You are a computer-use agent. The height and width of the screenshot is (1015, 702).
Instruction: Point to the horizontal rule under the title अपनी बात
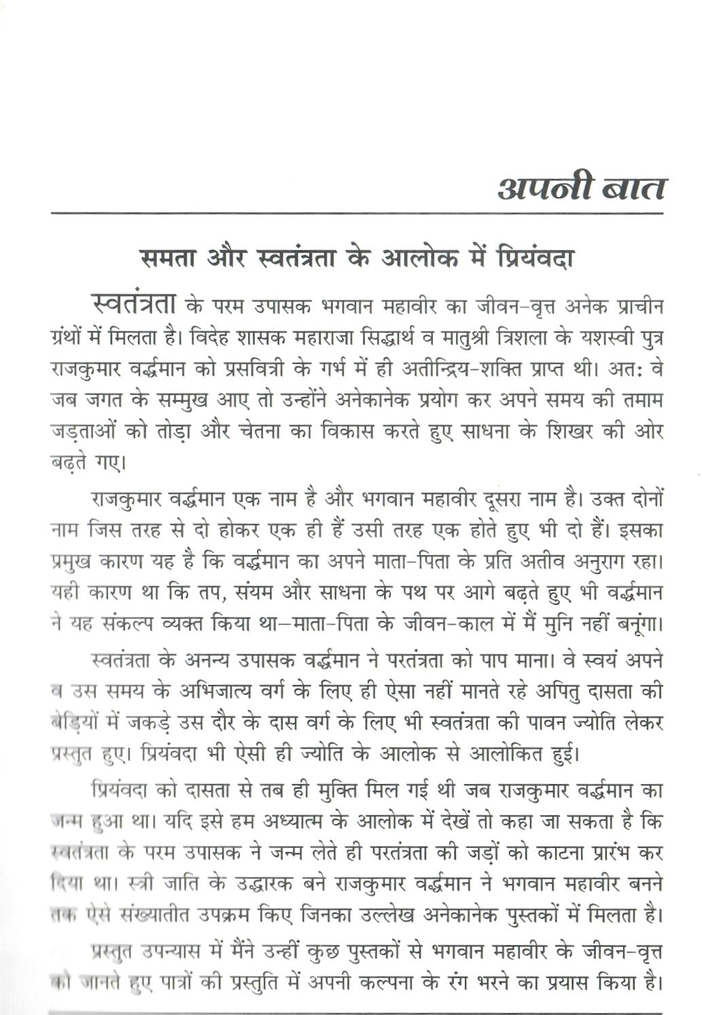click(x=357, y=214)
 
